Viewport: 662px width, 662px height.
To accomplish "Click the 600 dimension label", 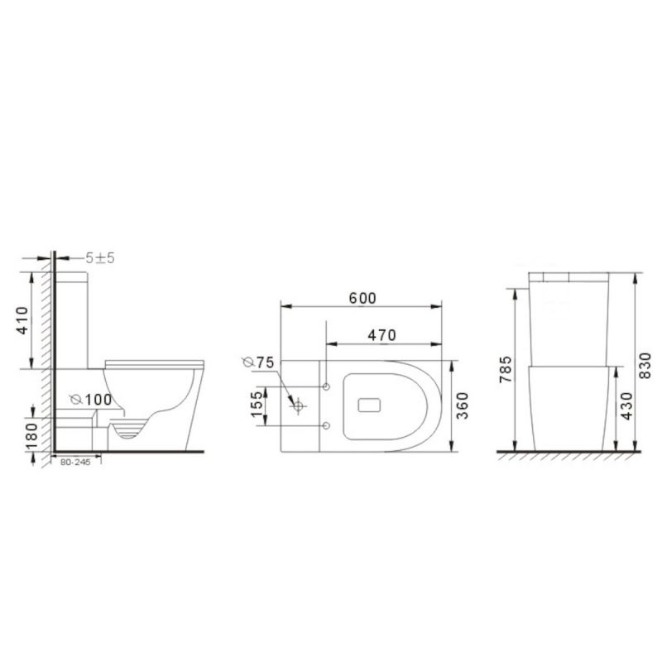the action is [362, 299].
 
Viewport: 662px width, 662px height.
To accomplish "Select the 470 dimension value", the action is [381, 336].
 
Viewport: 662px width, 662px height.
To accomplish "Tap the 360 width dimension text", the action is [463, 405].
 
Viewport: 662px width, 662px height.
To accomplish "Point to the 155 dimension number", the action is [257, 404].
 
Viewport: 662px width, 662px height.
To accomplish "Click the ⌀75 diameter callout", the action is [258, 362].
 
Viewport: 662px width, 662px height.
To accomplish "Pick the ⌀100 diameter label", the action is [91, 400].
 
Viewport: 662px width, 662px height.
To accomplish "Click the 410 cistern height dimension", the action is [22, 320].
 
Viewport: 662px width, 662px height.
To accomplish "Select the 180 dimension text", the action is [32, 436].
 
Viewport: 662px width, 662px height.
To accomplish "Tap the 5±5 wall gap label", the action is [100, 258].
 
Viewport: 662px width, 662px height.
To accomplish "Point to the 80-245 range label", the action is [75, 463].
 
